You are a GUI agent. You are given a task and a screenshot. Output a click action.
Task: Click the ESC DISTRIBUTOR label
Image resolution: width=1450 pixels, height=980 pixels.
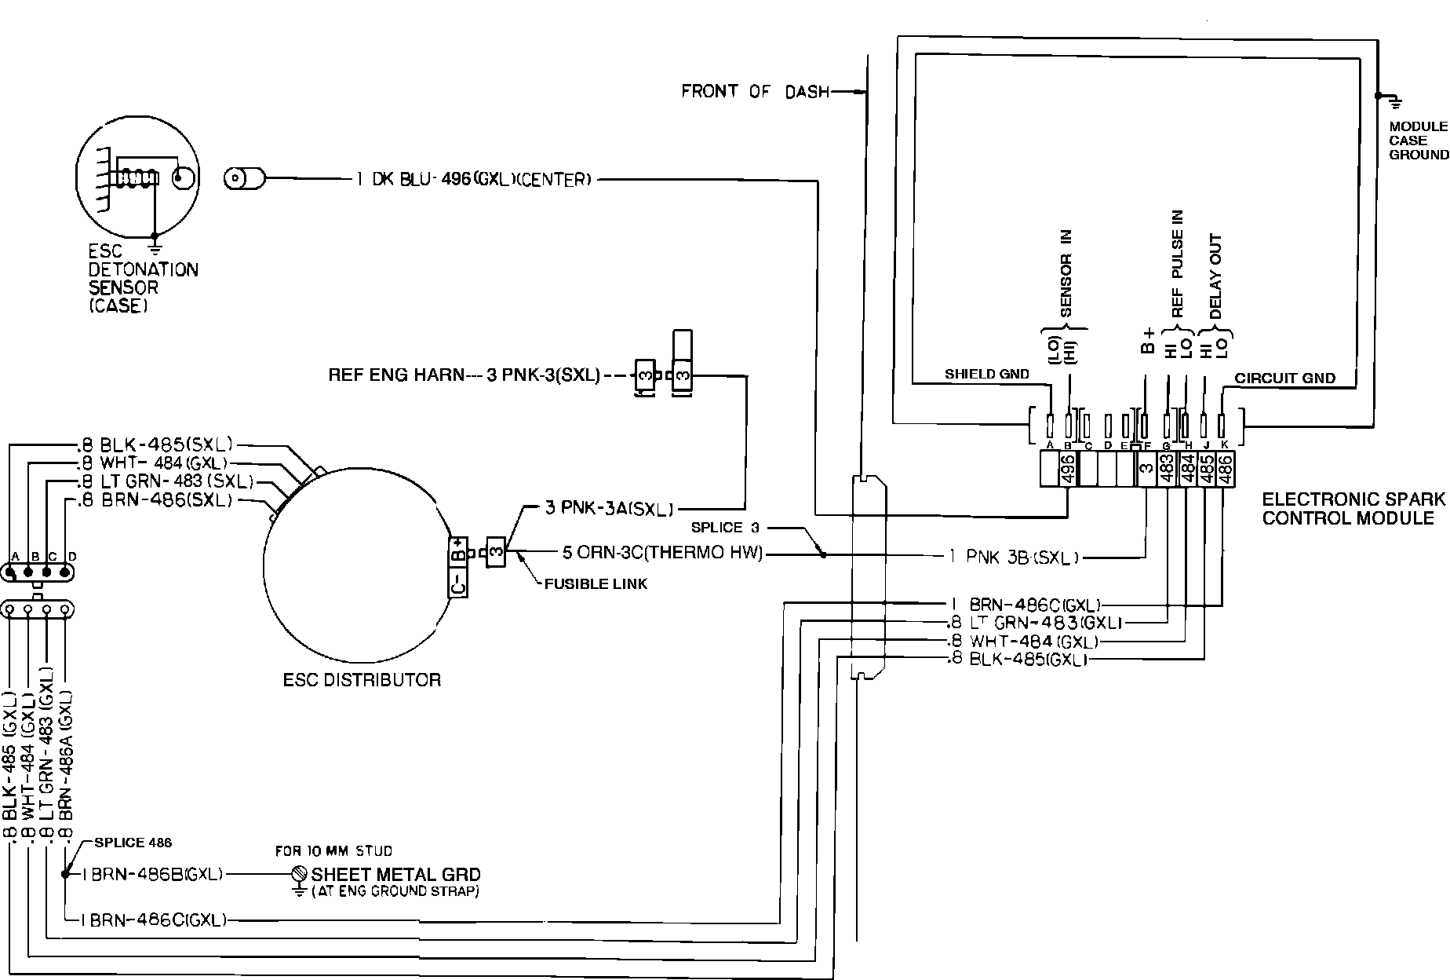point(362,680)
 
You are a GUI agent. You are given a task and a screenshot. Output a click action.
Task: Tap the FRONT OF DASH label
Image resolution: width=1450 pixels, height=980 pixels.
point(755,92)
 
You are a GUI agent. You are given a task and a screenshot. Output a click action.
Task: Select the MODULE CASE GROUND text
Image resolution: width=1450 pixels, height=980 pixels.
point(1418,141)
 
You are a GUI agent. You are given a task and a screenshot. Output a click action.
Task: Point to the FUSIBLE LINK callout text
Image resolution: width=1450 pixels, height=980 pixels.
point(596,583)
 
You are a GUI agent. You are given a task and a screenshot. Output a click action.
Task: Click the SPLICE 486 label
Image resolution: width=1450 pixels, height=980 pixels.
point(133,843)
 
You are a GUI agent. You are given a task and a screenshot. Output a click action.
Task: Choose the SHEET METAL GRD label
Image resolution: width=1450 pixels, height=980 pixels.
point(396,874)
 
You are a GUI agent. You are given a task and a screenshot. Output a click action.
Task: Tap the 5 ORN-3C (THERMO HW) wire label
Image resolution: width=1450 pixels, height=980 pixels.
point(662,553)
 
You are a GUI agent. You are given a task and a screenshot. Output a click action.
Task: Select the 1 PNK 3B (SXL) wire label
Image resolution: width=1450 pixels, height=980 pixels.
point(1013,558)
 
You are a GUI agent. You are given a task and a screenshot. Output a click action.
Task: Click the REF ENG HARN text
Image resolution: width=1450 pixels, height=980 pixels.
point(396,375)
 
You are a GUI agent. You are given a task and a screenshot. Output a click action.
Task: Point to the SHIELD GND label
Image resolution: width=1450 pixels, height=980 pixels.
point(986,375)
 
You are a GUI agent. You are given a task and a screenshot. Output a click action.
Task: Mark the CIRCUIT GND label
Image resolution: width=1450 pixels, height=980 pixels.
point(1284,378)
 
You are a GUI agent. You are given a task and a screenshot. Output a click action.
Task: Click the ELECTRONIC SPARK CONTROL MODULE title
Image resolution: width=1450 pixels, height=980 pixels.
point(1353,508)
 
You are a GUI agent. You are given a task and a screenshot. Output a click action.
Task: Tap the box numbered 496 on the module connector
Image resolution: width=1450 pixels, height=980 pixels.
point(1067,470)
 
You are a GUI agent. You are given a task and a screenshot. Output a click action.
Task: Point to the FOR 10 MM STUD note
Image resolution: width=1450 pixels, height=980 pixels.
point(333,850)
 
